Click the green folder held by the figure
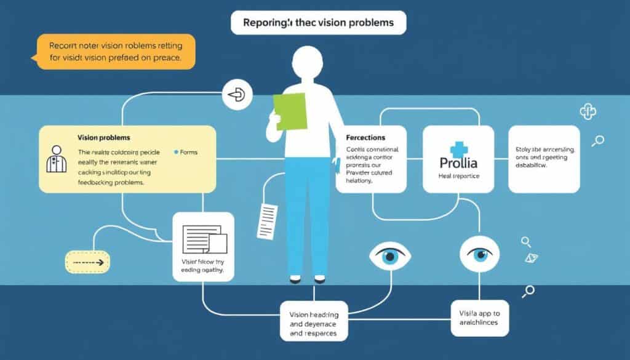coord(290,111)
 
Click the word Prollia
coord(458,164)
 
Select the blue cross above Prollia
coord(458,149)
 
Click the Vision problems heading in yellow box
coord(104,137)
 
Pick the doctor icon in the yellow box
coord(57,159)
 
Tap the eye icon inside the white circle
coord(479,253)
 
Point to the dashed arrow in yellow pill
coord(87,262)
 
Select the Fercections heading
coord(365,137)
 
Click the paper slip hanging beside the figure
coord(269,218)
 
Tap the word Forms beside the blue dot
coord(188,152)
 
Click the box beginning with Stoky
coord(544,159)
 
